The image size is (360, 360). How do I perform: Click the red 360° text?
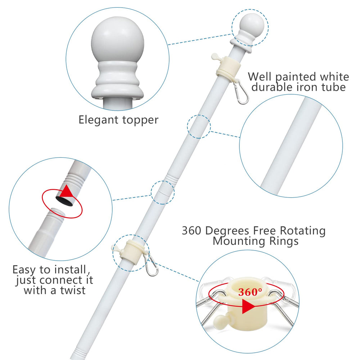point(250,292)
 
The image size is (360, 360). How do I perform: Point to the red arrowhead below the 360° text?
point(248,307)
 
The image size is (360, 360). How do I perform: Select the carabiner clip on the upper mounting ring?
point(241,92)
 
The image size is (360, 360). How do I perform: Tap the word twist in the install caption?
point(72,291)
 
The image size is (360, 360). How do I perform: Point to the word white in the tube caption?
point(334,77)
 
